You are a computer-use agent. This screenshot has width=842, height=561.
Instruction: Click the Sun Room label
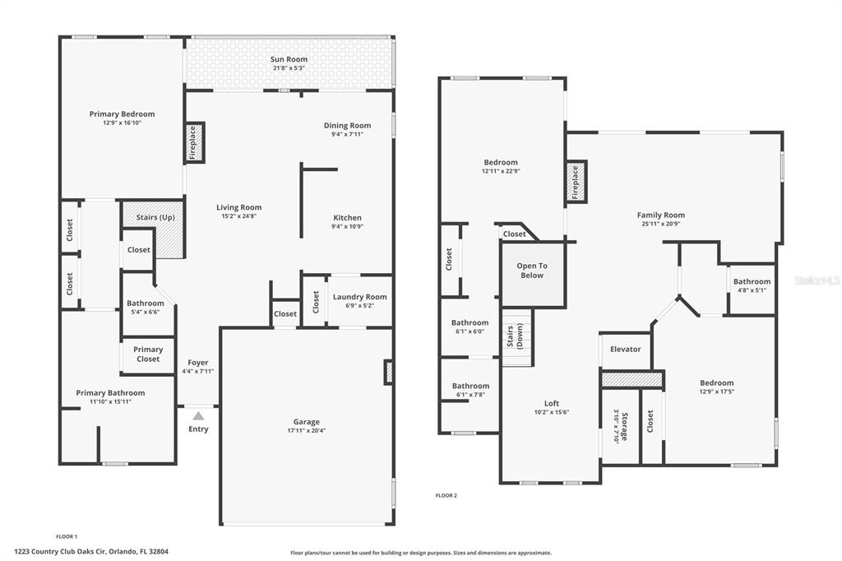[x=289, y=60]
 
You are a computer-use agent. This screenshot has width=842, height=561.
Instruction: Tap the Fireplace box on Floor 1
[x=194, y=142]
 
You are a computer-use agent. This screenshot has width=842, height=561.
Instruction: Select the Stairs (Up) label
[x=155, y=217]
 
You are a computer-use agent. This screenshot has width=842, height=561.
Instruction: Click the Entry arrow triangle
[x=199, y=416]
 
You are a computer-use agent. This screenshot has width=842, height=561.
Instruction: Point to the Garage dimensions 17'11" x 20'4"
[x=306, y=430]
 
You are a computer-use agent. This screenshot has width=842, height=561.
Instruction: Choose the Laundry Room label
[x=360, y=297]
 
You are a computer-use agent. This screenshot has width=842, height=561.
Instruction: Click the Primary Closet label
[x=148, y=354]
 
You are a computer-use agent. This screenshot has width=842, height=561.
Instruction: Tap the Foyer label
[x=198, y=363]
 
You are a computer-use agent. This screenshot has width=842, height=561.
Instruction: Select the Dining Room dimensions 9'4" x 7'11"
[x=348, y=134]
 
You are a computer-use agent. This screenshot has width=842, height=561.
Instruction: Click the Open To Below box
[x=532, y=275]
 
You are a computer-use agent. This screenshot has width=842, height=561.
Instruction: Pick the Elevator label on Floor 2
[x=626, y=350]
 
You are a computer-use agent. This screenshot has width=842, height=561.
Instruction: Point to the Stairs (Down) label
[x=515, y=336]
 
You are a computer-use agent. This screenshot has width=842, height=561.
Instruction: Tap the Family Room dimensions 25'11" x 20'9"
[x=661, y=224]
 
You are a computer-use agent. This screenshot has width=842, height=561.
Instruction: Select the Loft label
[x=552, y=404]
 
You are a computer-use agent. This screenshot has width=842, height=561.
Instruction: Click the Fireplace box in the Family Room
[x=576, y=182]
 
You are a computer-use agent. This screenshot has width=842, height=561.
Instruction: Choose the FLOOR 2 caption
[x=446, y=495]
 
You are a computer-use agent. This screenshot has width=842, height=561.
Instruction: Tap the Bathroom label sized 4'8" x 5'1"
[x=752, y=281]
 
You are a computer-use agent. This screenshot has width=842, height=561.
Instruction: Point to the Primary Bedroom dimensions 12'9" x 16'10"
[x=123, y=123]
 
